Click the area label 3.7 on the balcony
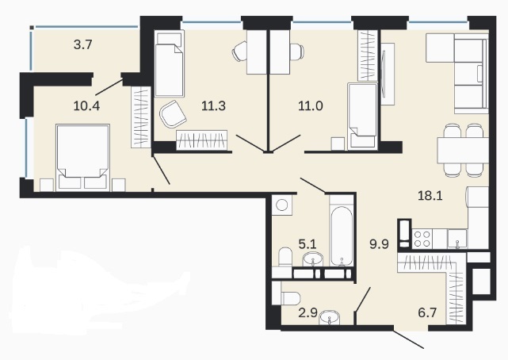tap(83, 44)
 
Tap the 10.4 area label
tap(86, 105)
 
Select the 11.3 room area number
tap(213, 105)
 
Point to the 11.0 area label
tap(311, 105)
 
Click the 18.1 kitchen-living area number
tap(430, 196)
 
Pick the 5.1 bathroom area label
tap(307, 243)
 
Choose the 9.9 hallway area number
tap(379, 243)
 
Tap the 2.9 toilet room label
tap(307, 313)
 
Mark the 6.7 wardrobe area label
tap(428, 313)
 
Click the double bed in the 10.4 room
tap(82, 157)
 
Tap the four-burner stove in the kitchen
tap(422, 239)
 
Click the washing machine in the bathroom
tap(281, 205)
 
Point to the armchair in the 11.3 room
tap(173, 114)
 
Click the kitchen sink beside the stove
tap(457, 239)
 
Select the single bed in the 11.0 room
tap(362, 117)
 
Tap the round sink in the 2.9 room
tap(330, 317)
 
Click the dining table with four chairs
tap(463, 151)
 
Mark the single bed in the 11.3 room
tap(170, 63)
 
